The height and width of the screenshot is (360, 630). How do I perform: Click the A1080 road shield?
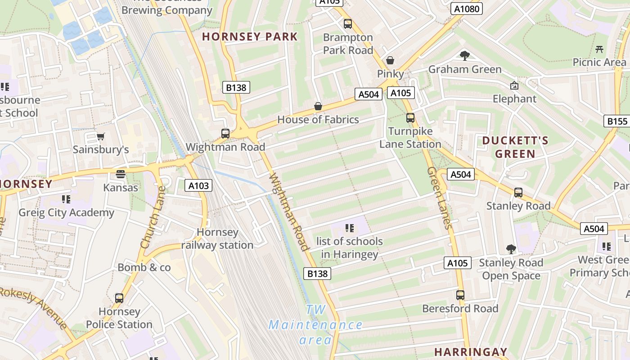[467, 9]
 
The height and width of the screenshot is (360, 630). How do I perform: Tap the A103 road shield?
[198, 185]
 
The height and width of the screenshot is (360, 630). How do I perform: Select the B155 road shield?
[617, 121]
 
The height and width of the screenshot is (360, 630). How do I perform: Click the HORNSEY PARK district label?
[250, 37]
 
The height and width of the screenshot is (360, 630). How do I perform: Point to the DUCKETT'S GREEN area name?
[515, 147]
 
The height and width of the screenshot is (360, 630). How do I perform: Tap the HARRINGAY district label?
[471, 351]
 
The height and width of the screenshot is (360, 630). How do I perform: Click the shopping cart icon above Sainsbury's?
[101, 136]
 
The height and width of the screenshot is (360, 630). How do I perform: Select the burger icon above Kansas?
[120, 174]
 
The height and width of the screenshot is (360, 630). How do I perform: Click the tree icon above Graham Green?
[465, 56]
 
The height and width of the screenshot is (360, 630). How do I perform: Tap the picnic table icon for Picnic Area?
[599, 49]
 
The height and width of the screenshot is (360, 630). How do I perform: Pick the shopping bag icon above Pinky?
[390, 60]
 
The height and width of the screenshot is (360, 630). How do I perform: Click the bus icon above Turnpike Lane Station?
[410, 118]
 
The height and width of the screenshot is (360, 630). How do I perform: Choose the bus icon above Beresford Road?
[460, 295]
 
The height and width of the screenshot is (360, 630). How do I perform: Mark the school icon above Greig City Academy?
[66, 199]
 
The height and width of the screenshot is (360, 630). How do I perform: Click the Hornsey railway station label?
[218, 238]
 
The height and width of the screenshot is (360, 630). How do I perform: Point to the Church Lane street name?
[153, 217]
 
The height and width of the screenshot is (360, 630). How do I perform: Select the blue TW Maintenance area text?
[315, 324]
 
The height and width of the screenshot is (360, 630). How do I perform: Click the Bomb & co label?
[144, 267]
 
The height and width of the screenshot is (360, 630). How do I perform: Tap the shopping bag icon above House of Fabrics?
[318, 106]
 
